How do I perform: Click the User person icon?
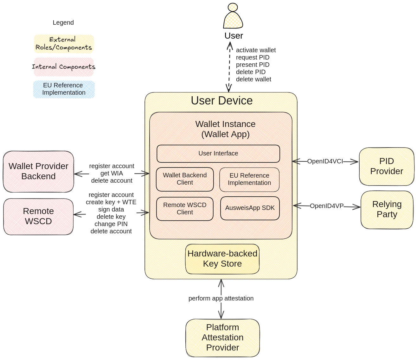[x=233, y=16]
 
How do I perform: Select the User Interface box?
[x=218, y=154]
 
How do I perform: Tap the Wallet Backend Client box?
[x=185, y=179]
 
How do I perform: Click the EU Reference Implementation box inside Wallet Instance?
[x=249, y=180]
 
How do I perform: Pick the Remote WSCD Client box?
[x=185, y=209]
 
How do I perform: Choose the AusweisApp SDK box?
[x=250, y=208]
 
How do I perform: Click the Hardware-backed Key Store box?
[x=222, y=259]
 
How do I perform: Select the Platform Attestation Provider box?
[x=222, y=338]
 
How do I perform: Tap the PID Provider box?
[x=386, y=166]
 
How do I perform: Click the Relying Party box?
[x=387, y=209]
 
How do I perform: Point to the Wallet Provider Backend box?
[x=38, y=171]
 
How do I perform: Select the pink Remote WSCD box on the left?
[x=38, y=217]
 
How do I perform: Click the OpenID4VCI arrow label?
[x=325, y=161]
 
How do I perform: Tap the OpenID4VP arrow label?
[x=326, y=206]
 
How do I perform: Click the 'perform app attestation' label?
[x=221, y=298]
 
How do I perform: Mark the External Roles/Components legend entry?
[x=64, y=44]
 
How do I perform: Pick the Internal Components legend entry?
[x=64, y=67]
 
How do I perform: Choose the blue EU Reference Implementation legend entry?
[x=64, y=89]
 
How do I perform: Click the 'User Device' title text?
[x=221, y=101]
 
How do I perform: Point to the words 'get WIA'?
[x=112, y=173]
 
